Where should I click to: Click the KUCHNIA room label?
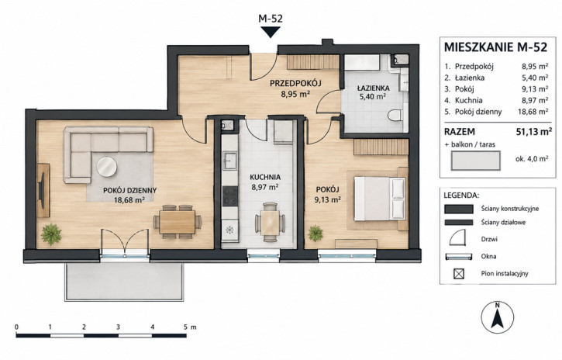click(265, 177)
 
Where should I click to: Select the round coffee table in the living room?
click(106, 167)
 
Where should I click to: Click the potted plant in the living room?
click(51, 234)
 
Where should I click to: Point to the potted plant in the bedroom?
click(315, 233)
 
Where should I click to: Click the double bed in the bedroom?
click(380, 199)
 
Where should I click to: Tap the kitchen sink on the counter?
click(229, 161)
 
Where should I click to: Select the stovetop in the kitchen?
click(229, 196)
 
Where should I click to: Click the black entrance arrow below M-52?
click(271, 33)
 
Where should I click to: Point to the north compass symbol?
click(497, 317)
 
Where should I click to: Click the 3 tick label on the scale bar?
click(118, 327)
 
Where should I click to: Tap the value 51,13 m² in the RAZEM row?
click(533, 132)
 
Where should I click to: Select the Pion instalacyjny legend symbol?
click(459, 274)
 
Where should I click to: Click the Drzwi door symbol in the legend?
click(457, 237)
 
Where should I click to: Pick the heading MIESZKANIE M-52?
click(495, 47)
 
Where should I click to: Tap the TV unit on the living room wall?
click(43, 190)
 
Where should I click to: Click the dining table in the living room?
click(178, 222)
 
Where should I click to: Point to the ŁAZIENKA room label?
click(373, 88)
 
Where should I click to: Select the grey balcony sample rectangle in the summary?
click(475, 161)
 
